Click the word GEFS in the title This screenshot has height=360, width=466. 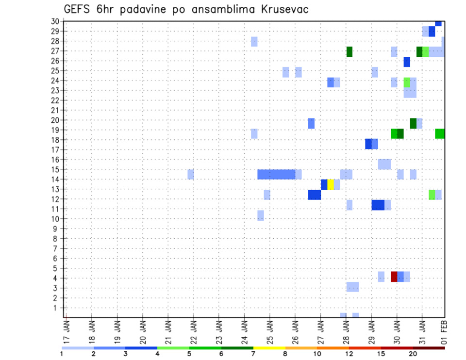(x=78, y=9)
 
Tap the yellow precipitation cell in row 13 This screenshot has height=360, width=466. (x=331, y=184)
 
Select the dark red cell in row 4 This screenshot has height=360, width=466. (x=394, y=277)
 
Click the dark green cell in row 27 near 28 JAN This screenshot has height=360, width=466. (x=349, y=51)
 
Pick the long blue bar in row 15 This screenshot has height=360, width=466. (x=276, y=174)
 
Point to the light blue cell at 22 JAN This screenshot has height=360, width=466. (x=191, y=174)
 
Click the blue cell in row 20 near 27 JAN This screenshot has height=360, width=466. (x=311, y=123)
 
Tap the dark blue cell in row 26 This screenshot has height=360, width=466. (x=407, y=62)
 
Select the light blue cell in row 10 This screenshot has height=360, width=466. (x=261, y=215)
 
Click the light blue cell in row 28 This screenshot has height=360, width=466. (x=254, y=41)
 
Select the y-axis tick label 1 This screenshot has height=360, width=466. (x=56, y=308)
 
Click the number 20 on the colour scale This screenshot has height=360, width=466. (x=413, y=354)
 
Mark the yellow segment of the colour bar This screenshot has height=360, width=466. (x=269, y=348)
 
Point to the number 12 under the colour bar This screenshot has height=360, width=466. (x=349, y=354)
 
